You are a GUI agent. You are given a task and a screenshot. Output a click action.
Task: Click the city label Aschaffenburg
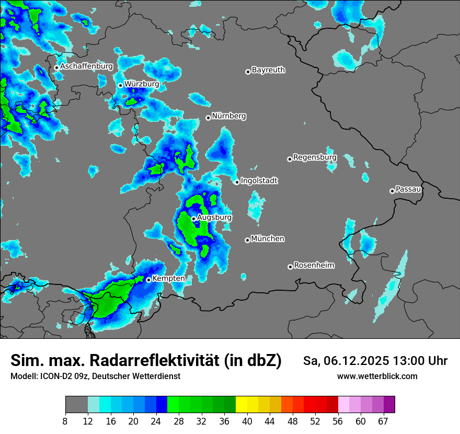click(x=86, y=66)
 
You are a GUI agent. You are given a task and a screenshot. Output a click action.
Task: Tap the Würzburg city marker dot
click(x=120, y=85)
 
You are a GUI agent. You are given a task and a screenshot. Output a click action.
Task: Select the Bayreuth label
click(x=268, y=70)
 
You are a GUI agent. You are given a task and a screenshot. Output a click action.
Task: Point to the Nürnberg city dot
click(x=208, y=118)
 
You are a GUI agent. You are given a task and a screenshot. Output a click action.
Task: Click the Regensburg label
click(x=315, y=157)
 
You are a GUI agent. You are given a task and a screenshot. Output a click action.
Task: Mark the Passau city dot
click(x=392, y=191)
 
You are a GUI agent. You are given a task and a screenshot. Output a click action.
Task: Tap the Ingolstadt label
click(x=259, y=181)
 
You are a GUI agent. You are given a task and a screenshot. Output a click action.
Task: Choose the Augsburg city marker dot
click(x=193, y=219)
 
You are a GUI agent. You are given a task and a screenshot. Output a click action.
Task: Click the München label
click(x=268, y=238)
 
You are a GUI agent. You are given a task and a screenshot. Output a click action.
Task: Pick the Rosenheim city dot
click(x=290, y=267)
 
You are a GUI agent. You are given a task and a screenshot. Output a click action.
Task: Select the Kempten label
click(x=168, y=278)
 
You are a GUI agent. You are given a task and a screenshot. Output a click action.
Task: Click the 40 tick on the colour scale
click(x=248, y=421)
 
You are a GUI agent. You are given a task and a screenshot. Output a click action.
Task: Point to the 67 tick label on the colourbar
click(x=383, y=421)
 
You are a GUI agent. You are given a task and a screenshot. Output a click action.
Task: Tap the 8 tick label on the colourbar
click(x=65, y=421)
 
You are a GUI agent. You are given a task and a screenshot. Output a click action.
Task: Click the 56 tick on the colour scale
click(x=338, y=421)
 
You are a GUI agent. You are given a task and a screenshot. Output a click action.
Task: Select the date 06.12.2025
click(x=354, y=361)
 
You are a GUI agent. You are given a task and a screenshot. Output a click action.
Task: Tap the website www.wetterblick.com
click(x=377, y=376)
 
